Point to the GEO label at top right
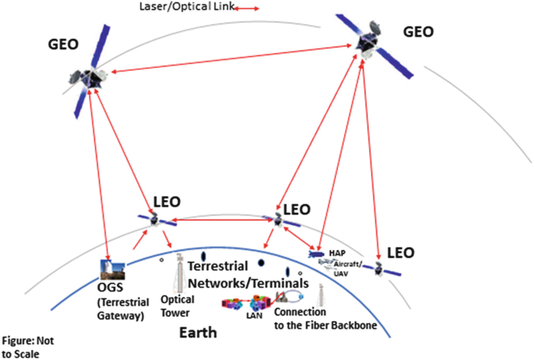coord(424,32)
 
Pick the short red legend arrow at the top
coord(247,8)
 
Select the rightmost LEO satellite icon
coord(380,270)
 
